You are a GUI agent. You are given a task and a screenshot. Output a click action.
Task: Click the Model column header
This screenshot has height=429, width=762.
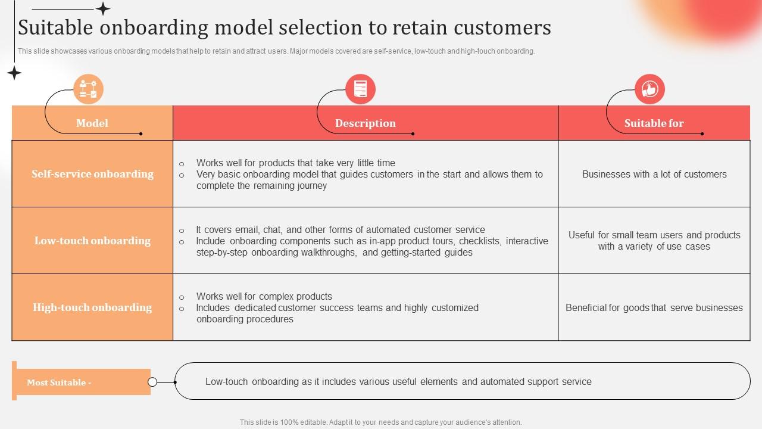[x=92, y=123]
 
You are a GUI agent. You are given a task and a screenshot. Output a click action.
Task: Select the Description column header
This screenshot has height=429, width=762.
[x=365, y=123]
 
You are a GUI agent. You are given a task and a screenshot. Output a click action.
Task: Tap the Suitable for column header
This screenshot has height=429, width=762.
[x=654, y=123]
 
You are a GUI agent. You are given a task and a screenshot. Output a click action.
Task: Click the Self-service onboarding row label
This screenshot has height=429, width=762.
[x=92, y=174]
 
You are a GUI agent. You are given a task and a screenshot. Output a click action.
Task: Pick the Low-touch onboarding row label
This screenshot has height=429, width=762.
[x=92, y=241]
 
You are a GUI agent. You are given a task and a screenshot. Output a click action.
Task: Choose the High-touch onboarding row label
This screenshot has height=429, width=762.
[x=92, y=307]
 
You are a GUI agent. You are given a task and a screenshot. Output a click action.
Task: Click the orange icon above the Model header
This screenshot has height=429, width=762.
[x=88, y=89]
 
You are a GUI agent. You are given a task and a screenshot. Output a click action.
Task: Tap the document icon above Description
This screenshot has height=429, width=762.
[x=360, y=89]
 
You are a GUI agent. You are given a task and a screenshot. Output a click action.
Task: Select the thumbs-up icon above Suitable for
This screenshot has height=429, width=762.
[x=649, y=89]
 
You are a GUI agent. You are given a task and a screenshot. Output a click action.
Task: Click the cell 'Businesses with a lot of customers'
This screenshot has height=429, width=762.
[x=654, y=175]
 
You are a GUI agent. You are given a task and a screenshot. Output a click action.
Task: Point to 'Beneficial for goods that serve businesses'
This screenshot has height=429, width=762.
[x=654, y=308]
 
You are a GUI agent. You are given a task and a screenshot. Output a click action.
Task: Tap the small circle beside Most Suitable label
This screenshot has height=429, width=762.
[x=152, y=382]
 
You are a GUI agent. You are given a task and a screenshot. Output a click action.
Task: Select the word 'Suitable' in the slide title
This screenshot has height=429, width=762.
[x=54, y=27]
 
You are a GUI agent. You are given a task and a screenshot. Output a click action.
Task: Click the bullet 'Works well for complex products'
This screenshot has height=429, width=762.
[x=264, y=296]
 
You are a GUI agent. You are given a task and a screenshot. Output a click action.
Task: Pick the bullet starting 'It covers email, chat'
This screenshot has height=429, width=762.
[x=341, y=229]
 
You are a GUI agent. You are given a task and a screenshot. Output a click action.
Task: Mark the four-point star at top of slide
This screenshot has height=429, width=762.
[x=103, y=8]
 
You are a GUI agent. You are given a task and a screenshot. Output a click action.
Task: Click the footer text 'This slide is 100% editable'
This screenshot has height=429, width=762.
[x=380, y=422]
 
